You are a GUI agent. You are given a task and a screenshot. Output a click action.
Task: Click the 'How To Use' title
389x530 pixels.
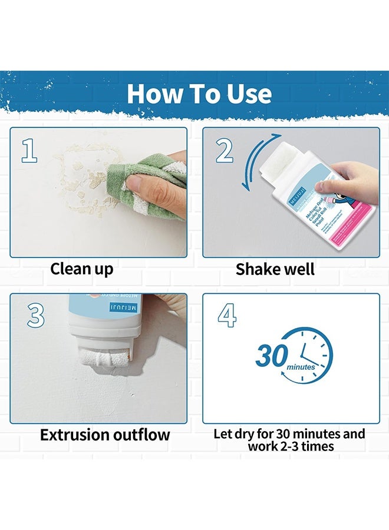(x=199, y=94)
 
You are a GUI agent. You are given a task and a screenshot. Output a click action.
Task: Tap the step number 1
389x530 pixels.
(x=29, y=151)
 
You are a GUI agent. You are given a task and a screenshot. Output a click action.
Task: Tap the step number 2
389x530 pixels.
(x=224, y=151)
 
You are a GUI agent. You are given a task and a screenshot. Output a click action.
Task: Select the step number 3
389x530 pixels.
(x=35, y=316)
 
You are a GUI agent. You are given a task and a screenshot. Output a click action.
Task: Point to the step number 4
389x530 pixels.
(x=227, y=316)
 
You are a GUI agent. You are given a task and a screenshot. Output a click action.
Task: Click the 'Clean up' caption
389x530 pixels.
(x=81, y=269)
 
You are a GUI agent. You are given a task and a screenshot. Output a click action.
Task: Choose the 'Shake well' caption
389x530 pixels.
(x=275, y=269)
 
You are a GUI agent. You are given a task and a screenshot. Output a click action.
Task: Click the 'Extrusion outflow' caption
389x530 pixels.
(x=105, y=435)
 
